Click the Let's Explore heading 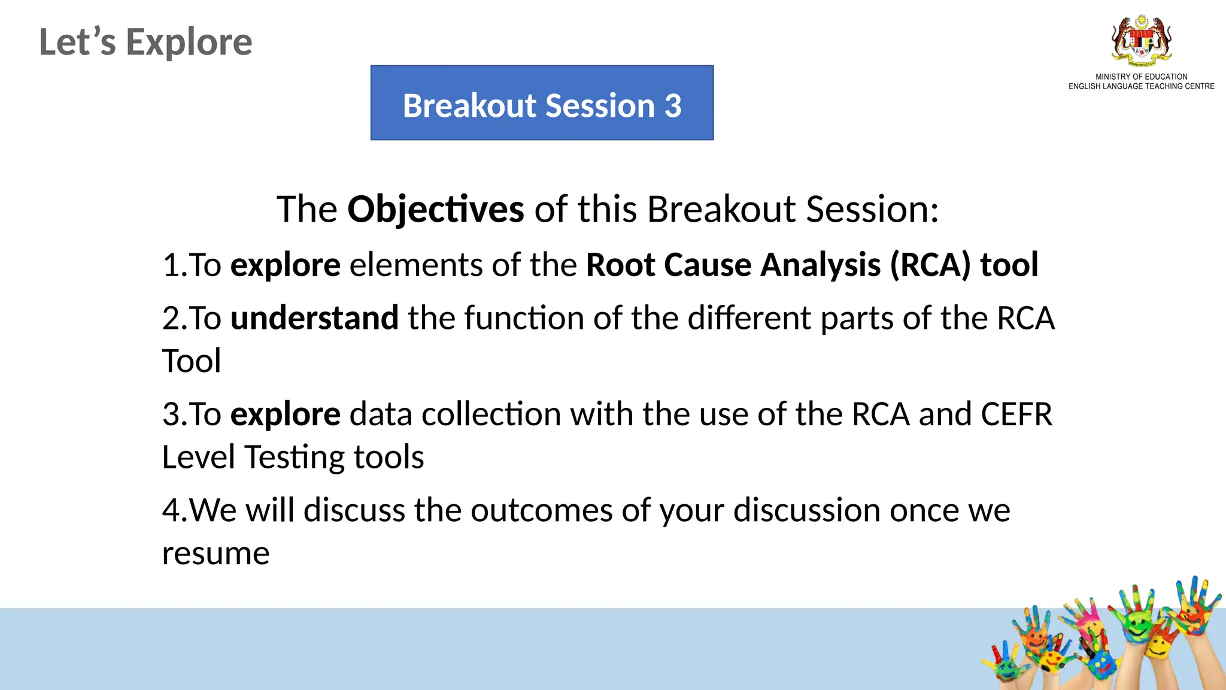tap(145, 43)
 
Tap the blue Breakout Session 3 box tap(542, 103)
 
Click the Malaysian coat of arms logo tap(1141, 41)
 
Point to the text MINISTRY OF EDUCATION tap(1141, 77)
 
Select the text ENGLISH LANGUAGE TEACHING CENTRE tap(1141, 86)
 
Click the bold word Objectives tap(435, 210)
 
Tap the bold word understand tap(314, 318)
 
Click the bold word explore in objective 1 tap(285, 265)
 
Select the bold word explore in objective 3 tap(285, 414)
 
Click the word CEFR tap(1016, 414)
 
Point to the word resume tap(216, 553)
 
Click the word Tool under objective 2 tap(192, 361)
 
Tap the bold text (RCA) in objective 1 tap(930, 265)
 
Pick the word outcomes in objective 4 tap(541, 511)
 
